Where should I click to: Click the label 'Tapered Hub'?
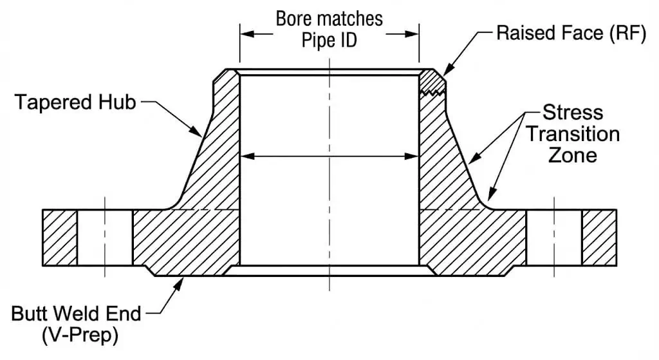tap(76, 102)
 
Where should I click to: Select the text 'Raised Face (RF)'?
tap(570, 33)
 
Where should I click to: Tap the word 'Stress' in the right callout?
tap(573, 113)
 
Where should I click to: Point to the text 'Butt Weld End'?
tap(76, 314)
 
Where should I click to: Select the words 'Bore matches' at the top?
tap(329, 18)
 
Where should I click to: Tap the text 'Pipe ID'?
tap(329, 40)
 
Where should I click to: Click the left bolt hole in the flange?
tap(105, 237)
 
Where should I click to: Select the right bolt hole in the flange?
tap(554, 237)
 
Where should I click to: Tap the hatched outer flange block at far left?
tap(60, 237)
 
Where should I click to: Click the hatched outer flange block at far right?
tap(599, 237)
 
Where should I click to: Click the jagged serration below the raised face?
tap(432, 93)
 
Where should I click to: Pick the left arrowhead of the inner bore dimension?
tap(246, 155)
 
